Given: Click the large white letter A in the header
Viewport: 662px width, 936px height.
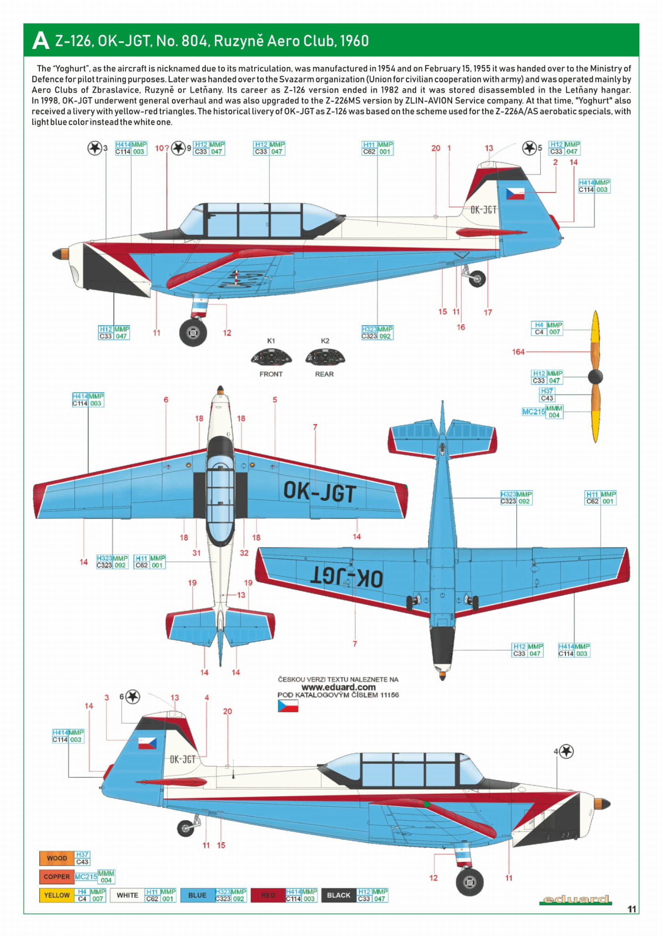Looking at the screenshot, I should tap(41, 41).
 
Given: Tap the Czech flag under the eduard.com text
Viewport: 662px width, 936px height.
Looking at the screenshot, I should tap(288, 706).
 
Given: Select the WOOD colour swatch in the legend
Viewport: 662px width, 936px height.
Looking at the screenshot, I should tap(57, 858).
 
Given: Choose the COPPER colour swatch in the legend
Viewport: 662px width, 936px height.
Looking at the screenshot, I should tap(57, 877).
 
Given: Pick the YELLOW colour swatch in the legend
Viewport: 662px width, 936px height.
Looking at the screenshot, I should tap(57, 895).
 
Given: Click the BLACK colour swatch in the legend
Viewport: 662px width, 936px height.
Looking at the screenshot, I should tap(338, 895).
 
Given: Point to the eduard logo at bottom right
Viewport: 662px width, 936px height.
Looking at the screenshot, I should tap(576, 899).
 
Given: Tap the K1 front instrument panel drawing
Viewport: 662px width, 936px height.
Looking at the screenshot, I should tap(271, 357).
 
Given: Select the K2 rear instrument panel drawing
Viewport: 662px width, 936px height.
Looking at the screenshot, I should tap(325, 357).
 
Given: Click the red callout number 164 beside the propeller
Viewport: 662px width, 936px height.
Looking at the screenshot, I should tap(518, 352).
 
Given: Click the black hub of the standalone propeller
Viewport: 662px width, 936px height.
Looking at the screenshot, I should tap(595, 377).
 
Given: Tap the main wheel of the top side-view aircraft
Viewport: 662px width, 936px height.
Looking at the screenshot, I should tap(193, 332).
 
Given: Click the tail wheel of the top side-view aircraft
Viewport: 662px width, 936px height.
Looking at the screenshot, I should tap(477, 278).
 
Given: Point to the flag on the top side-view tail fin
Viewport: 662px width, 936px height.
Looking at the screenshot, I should tap(515, 194).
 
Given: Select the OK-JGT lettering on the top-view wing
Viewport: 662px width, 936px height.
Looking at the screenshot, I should tap(320, 492).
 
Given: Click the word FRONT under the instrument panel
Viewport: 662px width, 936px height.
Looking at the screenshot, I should tap(271, 374).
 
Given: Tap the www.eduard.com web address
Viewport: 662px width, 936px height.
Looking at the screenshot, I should tap(338, 687).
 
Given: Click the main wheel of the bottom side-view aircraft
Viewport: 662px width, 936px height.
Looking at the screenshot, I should tap(470, 881).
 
